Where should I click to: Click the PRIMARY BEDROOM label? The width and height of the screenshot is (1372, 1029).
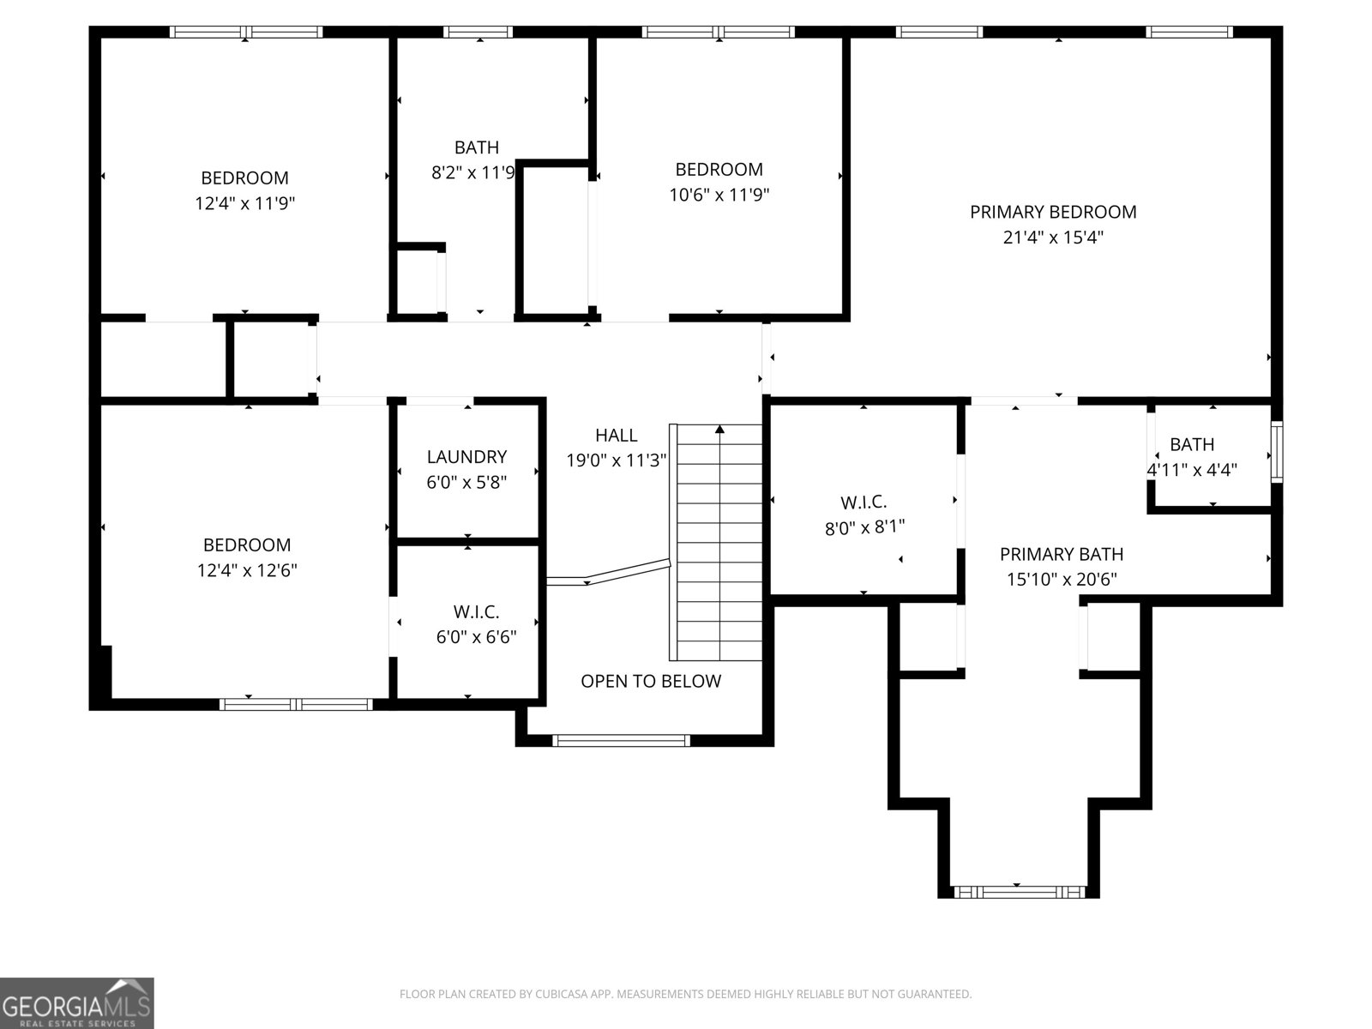coord(1053,213)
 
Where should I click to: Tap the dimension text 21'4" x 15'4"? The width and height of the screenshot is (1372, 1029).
coord(1053,238)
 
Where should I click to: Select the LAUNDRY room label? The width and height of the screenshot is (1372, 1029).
coord(467,457)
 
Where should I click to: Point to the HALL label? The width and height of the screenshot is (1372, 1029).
coord(617,435)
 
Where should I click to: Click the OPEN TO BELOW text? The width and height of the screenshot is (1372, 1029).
coord(651,681)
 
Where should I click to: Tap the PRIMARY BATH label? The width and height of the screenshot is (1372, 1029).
coord(1062,554)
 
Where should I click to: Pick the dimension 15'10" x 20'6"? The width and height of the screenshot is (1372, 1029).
coord(1062,579)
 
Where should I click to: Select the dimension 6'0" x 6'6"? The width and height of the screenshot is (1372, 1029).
coord(476,636)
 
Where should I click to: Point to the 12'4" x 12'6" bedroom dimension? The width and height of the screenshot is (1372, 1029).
coord(247,570)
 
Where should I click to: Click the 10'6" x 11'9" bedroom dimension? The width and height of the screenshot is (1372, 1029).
coord(719,195)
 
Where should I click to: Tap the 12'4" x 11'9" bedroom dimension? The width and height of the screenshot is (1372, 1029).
coord(244,204)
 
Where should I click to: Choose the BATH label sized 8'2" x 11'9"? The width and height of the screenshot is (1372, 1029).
coord(476,147)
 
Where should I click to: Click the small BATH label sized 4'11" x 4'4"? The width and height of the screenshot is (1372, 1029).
coord(1192,445)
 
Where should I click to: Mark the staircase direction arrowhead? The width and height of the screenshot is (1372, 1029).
coord(719,430)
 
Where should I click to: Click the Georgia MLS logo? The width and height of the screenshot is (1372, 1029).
coord(77,1002)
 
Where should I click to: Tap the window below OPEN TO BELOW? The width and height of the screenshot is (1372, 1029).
coord(621,741)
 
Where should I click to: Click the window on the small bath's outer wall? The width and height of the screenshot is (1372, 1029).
coord(1278,452)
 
